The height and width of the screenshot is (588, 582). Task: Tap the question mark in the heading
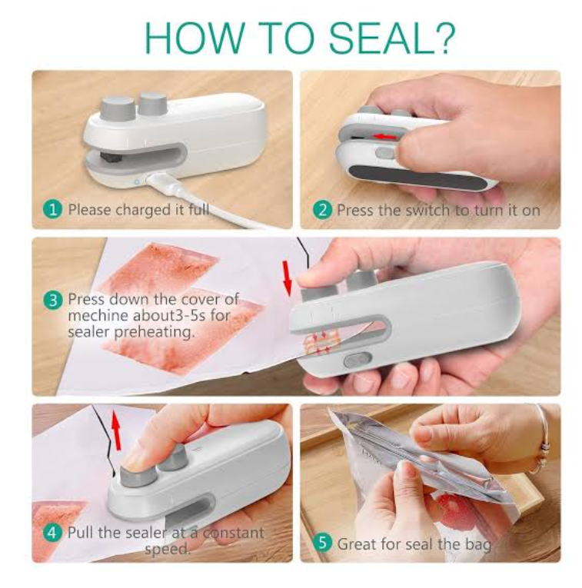pyautogui.click(x=444, y=38)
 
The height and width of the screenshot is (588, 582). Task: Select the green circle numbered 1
pyautogui.click(x=53, y=209)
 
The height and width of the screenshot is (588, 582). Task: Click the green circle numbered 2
pyautogui.click(x=322, y=210)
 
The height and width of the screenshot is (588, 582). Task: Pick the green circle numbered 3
pyautogui.click(x=53, y=300)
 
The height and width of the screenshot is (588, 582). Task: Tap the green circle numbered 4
pyautogui.click(x=53, y=533)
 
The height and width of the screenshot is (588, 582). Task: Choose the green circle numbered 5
pyautogui.click(x=322, y=543)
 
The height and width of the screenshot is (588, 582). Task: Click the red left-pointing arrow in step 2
pyautogui.click(x=386, y=137)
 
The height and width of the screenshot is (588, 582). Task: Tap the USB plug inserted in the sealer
pyautogui.click(x=161, y=183)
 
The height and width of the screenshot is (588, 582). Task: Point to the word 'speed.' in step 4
pyautogui.click(x=168, y=550)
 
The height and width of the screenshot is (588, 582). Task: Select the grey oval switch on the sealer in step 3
pyautogui.click(x=358, y=360)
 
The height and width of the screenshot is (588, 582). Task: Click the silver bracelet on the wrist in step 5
pyautogui.click(x=542, y=443)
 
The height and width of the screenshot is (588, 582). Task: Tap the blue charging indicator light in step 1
pyautogui.click(x=137, y=182)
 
